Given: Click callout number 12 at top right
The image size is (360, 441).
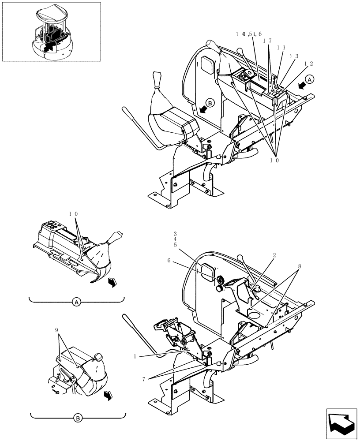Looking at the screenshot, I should (309, 64).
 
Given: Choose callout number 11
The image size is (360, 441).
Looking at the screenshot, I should (281, 47).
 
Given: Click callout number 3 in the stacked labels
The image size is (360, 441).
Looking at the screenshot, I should (175, 233).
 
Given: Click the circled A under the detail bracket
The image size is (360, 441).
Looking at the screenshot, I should (76, 303).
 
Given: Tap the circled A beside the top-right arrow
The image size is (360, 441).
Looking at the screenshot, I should (310, 79).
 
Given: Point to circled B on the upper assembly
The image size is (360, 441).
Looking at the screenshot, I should (210, 103).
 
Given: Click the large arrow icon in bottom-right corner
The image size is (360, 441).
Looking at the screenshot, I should (341, 423).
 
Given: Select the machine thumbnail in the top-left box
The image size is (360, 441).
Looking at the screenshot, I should (52, 32).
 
